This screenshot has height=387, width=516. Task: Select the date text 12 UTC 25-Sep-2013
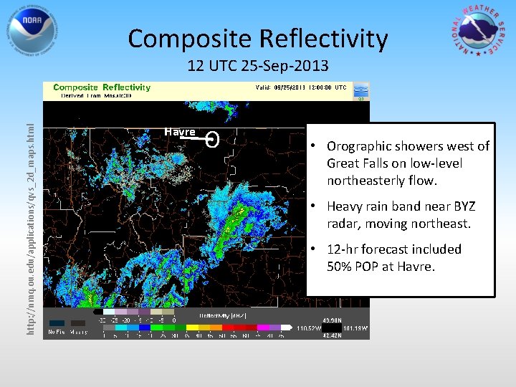(257, 67)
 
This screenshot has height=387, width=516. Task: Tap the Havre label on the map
(180, 133)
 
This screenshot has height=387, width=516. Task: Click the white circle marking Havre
(212, 139)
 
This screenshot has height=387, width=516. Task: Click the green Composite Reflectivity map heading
(101, 87)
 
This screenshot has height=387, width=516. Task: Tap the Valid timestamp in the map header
(301, 87)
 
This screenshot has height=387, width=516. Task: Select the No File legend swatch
(57, 322)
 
